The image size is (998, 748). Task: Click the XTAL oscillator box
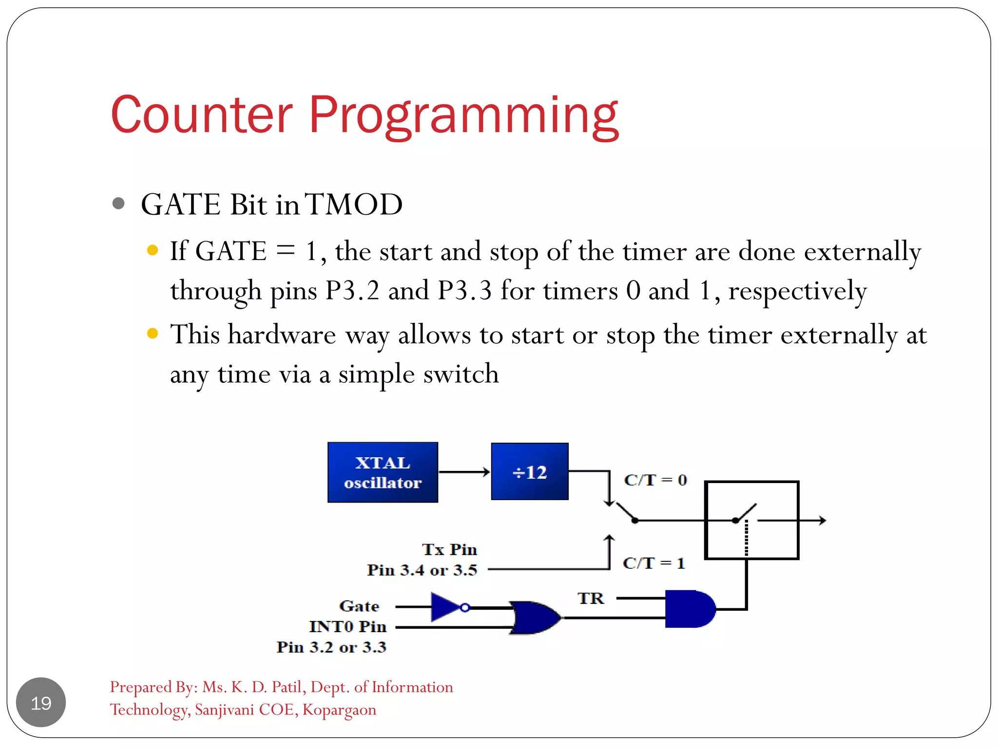click(x=383, y=472)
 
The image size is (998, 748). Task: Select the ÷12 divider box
click(x=530, y=471)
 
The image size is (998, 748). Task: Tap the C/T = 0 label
click(x=655, y=480)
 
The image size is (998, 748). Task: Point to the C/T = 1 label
click(x=653, y=563)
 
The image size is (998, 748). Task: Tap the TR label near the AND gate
click(x=591, y=598)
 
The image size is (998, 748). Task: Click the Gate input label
click(x=359, y=606)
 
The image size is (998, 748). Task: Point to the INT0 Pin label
click(x=347, y=627)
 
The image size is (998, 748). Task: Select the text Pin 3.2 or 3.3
click(x=331, y=647)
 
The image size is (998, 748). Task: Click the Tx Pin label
click(x=449, y=550)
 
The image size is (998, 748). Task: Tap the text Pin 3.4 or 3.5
click(x=422, y=570)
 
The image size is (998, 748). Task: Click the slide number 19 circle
click(x=41, y=702)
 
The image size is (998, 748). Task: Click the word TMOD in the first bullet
click(x=354, y=205)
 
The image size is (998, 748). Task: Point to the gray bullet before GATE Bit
click(x=118, y=203)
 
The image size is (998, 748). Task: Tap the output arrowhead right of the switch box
click(x=823, y=521)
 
